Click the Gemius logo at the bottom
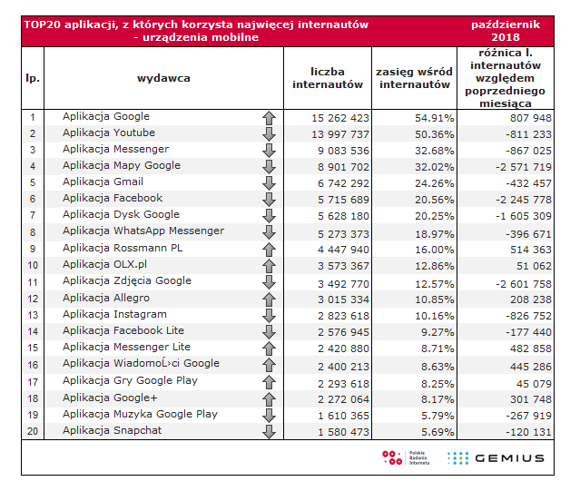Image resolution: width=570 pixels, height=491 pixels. click(496, 457)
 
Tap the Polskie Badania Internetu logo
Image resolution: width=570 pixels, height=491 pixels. click(404, 457)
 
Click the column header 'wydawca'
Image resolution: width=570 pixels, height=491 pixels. click(163, 78)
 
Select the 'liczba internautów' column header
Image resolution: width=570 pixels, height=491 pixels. click(327, 78)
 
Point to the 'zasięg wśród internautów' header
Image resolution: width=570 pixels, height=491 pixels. click(414, 78)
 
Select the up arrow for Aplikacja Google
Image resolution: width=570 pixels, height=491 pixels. click(268, 117)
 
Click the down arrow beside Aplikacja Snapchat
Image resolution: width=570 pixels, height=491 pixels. click(268, 430)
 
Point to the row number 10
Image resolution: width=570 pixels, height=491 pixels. click(32, 265)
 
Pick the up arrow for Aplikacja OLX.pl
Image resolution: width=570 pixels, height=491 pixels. click(268, 265)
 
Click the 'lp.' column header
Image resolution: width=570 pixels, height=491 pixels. click(32, 78)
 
